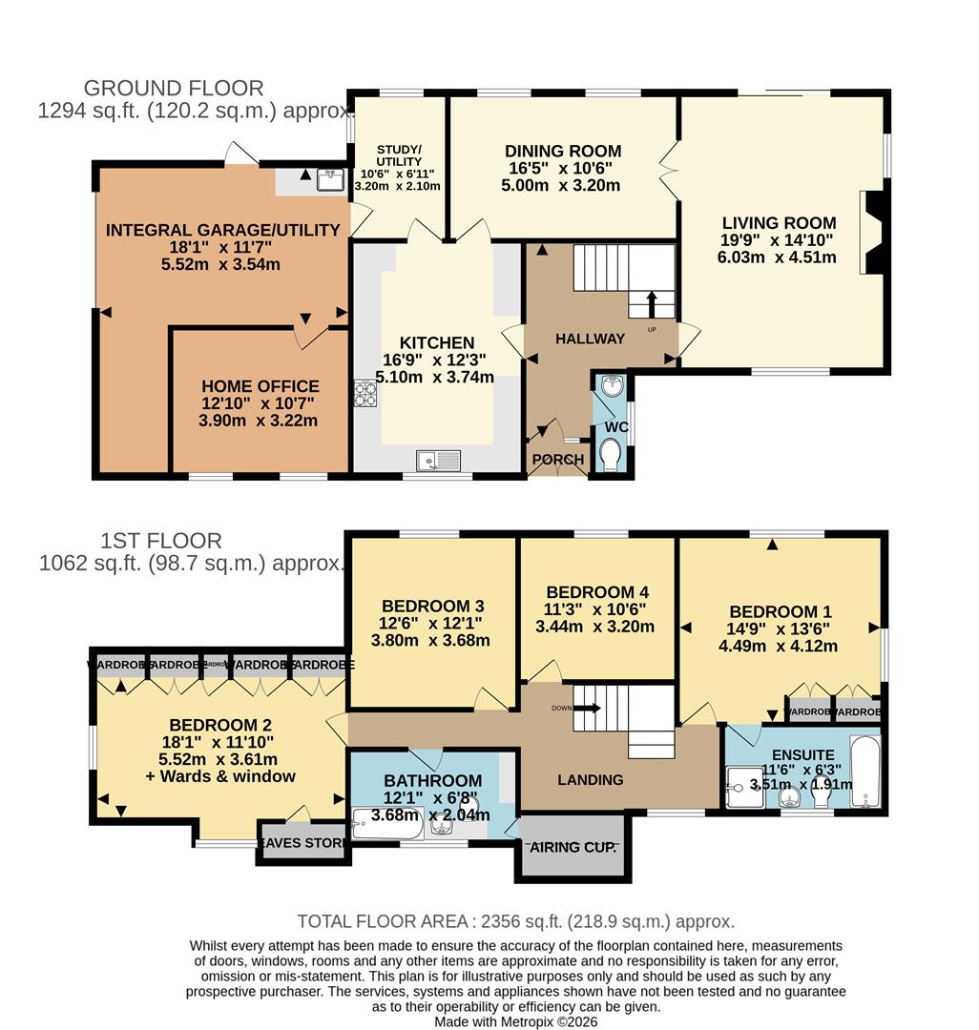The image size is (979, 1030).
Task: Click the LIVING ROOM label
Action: (779, 223)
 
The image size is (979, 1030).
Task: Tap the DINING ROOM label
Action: (563, 151)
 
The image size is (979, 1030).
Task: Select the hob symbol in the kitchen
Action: (365, 392)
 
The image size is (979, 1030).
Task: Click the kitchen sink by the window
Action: (438, 461)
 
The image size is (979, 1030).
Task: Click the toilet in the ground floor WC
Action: (610, 455)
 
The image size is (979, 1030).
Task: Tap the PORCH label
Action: (558, 460)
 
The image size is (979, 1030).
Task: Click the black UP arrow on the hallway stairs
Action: (652, 302)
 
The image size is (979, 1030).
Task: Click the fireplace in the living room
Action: (872, 232)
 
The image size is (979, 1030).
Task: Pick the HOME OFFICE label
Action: (260, 386)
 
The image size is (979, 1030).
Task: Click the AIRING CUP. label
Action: (573, 847)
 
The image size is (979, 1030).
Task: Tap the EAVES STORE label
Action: (303, 842)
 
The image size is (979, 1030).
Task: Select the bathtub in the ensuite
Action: (864, 771)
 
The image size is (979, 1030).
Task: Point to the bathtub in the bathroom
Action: (385, 824)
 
